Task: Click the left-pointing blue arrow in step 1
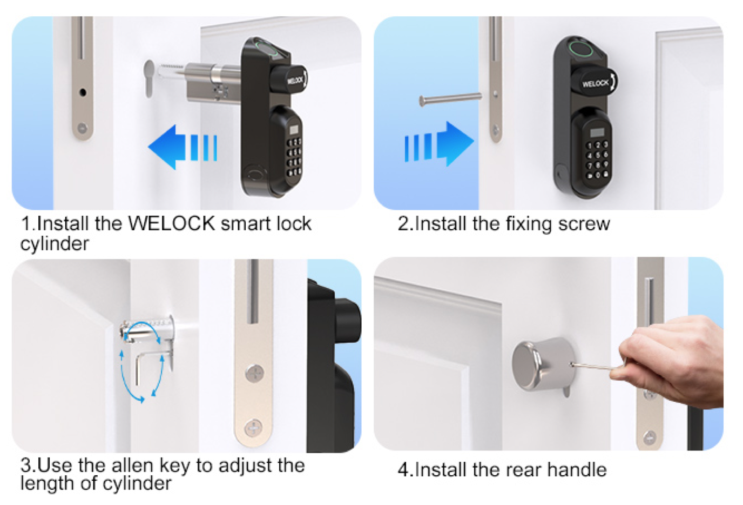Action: (x=182, y=147)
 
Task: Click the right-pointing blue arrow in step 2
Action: (x=440, y=143)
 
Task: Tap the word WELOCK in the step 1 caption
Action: (x=172, y=224)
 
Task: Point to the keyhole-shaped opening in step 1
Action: (x=149, y=79)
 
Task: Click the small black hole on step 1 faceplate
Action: (x=83, y=92)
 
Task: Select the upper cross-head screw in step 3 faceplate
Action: (x=255, y=373)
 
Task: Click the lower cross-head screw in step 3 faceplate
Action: (x=254, y=428)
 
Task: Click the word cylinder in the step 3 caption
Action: (x=137, y=483)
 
